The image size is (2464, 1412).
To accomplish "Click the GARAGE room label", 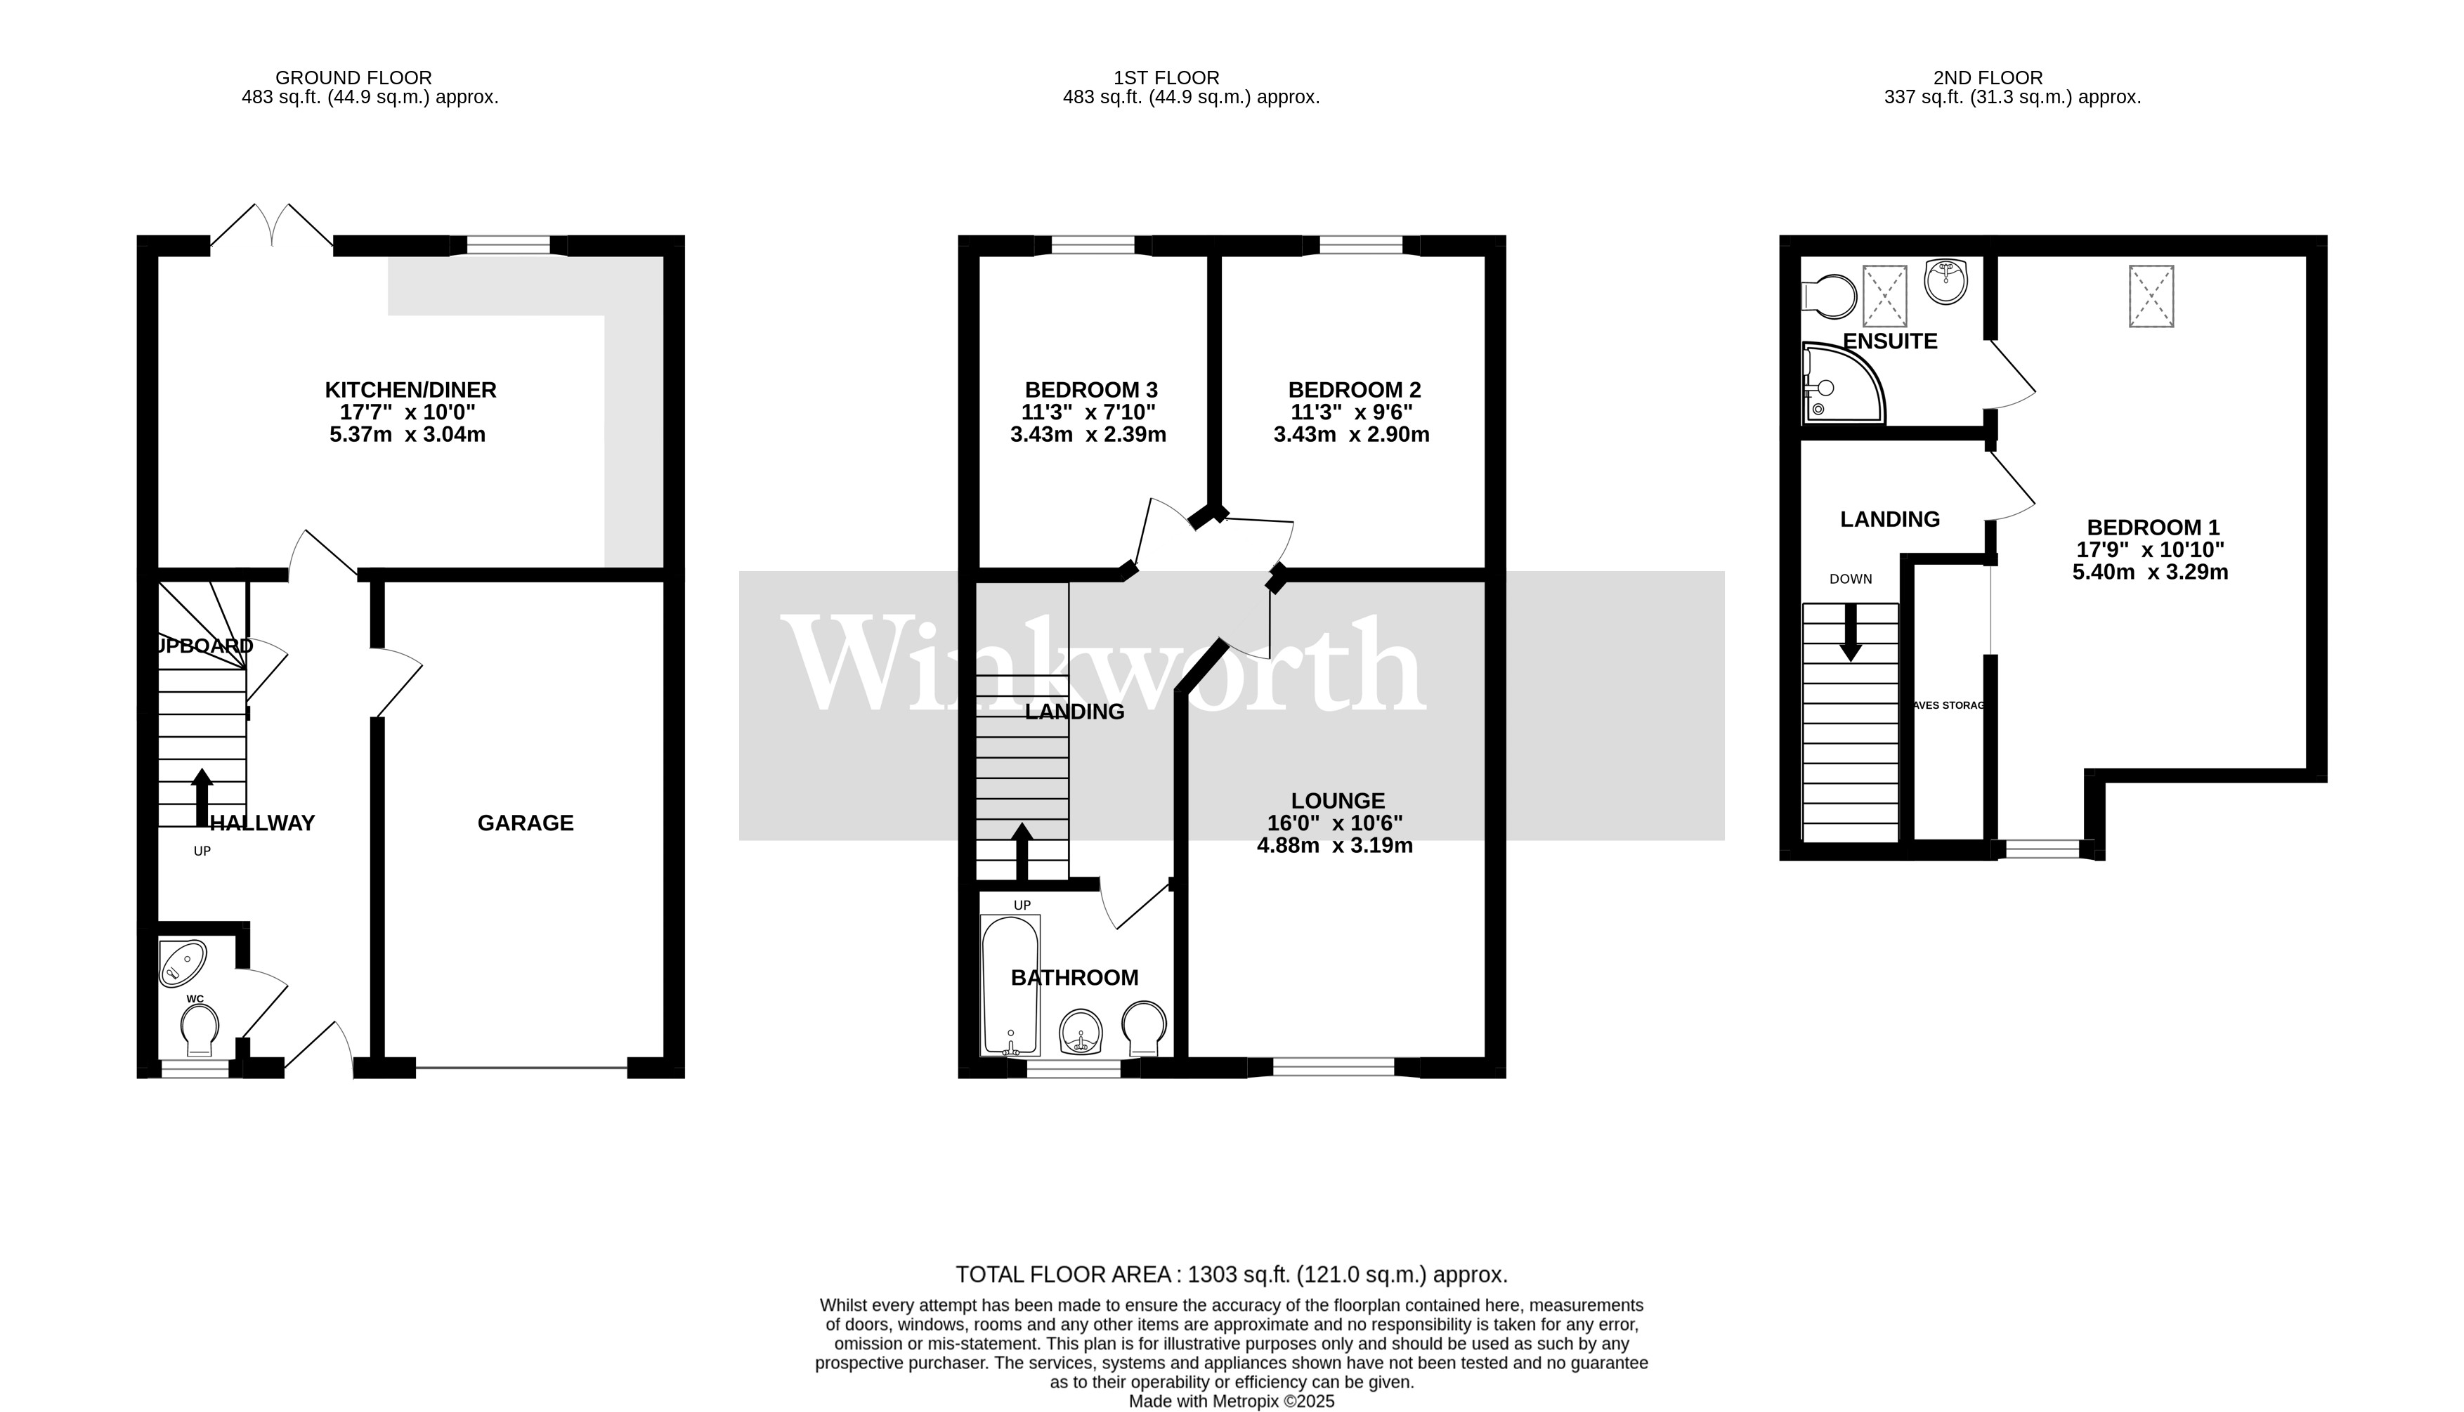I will click(x=525, y=823).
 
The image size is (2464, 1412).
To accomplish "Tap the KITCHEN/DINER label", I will click(x=410, y=390).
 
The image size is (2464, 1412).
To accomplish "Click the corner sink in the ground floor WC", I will click(x=182, y=962).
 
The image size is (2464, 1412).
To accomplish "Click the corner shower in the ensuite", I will click(x=1839, y=384).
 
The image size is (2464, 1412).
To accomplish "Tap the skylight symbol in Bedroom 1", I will click(x=2151, y=296).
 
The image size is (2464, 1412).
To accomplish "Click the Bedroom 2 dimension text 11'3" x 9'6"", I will click(x=1355, y=412).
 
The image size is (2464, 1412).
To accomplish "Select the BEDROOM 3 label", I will click(x=1091, y=390).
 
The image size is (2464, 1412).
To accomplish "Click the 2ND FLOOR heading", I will click(x=1987, y=77).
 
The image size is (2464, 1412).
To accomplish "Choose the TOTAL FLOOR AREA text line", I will click(x=1230, y=1274).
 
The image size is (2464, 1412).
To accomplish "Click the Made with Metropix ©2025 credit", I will click(x=1230, y=1401).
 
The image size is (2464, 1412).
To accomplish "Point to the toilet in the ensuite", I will click(x=1828, y=296).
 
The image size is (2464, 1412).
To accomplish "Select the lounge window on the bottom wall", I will click(x=1334, y=1068).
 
